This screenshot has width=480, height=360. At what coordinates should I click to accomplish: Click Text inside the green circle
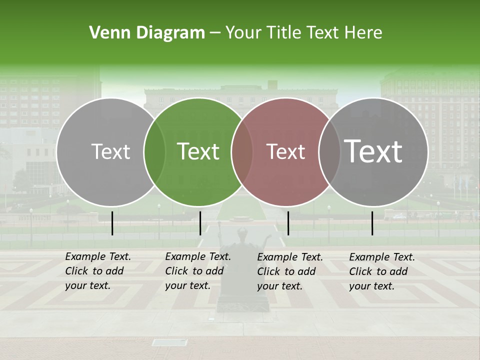[x=198, y=151]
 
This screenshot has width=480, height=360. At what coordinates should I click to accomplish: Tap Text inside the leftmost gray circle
[x=111, y=151]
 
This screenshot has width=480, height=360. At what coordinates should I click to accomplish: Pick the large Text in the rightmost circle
[x=373, y=151]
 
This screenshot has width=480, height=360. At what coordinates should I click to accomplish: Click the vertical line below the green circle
[x=200, y=223]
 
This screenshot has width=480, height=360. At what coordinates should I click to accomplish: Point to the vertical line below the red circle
[x=288, y=223]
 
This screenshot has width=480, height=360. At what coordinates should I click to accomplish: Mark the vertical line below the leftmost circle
[x=112, y=223]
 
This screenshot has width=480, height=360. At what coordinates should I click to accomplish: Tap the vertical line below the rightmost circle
[x=372, y=223]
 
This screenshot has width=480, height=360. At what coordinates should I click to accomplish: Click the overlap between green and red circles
[x=242, y=152]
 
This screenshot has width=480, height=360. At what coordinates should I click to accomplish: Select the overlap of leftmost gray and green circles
[x=154, y=152]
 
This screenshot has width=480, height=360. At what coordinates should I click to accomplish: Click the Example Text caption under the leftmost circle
[x=97, y=271]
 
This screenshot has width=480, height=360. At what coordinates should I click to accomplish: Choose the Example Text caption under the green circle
[x=197, y=271]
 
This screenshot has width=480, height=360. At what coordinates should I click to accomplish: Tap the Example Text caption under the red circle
[x=289, y=271]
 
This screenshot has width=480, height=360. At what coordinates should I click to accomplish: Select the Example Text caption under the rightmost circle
[x=381, y=271]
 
